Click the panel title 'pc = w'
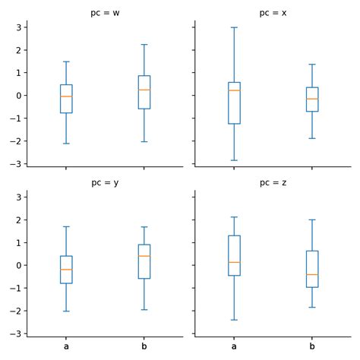[104, 14]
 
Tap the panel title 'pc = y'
[104, 184]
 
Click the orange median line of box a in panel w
[66, 96]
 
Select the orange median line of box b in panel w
[144, 90]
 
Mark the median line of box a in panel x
[234, 90]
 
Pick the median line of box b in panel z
[311, 274]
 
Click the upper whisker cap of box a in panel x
[234, 27]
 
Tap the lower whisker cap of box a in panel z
[234, 320]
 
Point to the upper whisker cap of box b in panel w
[144, 44]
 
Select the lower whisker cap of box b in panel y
[144, 310]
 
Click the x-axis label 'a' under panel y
[66, 346]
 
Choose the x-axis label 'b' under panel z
[311, 346]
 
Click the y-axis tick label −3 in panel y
[16, 333]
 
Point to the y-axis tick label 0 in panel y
[18, 265]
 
